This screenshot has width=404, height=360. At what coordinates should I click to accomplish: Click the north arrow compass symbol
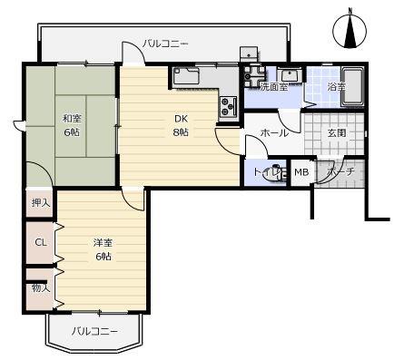351,29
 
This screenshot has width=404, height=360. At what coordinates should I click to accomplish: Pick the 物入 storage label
40,288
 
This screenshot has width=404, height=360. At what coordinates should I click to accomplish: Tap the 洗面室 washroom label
273,87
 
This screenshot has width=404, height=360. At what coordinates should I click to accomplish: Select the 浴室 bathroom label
335,87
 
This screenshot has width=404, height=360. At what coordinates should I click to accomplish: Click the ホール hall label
274,133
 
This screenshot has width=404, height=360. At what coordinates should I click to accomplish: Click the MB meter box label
301,172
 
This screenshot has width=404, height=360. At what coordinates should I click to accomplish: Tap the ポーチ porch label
340,172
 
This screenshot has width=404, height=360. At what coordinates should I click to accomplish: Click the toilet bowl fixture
274,174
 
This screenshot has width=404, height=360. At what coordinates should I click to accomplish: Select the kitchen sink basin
191,76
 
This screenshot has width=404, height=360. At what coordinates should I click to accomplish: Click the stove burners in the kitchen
227,107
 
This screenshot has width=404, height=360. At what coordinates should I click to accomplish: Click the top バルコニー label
165,43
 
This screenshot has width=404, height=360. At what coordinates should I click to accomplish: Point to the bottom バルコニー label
94,331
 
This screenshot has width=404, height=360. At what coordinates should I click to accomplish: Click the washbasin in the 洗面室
291,75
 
